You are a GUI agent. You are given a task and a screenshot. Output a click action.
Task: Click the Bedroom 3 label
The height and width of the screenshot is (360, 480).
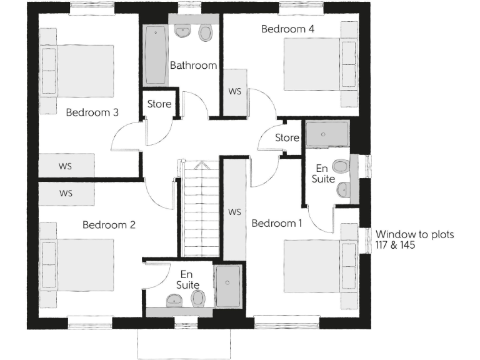tap(92, 112)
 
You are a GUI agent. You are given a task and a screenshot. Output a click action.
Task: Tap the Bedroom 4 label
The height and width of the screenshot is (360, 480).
tap(287, 29)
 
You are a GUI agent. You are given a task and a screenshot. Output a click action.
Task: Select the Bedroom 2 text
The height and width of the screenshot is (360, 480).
tap(109, 224)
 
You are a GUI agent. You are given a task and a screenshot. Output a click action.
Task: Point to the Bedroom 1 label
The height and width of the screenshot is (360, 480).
tap(277, 223)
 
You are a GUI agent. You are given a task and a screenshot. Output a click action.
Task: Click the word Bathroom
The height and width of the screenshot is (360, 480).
tap(193, 65)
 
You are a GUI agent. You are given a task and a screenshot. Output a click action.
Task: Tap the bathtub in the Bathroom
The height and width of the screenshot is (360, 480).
tap(155, 56)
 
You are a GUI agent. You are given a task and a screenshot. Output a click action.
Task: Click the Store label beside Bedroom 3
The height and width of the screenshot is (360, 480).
tap(159, 104)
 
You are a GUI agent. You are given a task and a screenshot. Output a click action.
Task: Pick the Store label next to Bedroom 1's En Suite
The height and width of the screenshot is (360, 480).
tap(287, 137)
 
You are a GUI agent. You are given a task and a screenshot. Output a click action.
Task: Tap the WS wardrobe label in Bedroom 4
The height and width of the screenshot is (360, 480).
tap(234, 91)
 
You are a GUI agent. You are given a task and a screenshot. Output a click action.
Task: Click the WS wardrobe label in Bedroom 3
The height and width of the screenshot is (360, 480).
tap(66, 166)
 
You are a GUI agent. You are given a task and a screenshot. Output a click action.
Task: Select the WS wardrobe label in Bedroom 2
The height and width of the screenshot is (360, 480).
tap(66, 193)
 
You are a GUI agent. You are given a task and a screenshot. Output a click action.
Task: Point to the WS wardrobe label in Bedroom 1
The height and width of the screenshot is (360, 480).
tap(234, 212)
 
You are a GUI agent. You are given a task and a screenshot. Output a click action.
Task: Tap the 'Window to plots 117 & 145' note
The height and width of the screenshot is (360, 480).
tap(414, 240)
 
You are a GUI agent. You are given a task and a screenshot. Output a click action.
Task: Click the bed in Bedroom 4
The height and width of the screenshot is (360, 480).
tap(319, 64)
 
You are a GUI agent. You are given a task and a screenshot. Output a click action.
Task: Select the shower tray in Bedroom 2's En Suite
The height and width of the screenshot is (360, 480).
tap(227, 286)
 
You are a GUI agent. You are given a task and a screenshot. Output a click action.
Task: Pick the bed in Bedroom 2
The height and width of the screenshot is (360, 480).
tap(78, 264)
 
